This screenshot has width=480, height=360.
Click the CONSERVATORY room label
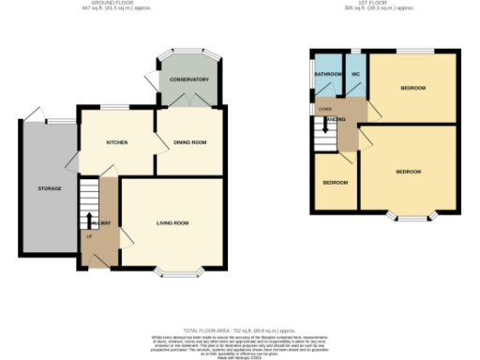point(188,80)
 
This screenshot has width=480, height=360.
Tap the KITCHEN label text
point(116,142)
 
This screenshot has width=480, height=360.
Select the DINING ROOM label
point(189,142)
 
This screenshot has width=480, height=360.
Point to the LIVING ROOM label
point(172,222)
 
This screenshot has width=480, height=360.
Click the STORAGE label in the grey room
point(50,188)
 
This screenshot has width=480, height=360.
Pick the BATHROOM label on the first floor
point(327,74)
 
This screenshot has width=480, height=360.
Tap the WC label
point(356,74)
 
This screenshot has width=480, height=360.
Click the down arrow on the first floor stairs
point(324,121)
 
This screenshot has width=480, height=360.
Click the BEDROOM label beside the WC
point(412,88)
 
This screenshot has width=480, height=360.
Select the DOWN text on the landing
point(324,109)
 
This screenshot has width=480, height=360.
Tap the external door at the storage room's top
point(35,115)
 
